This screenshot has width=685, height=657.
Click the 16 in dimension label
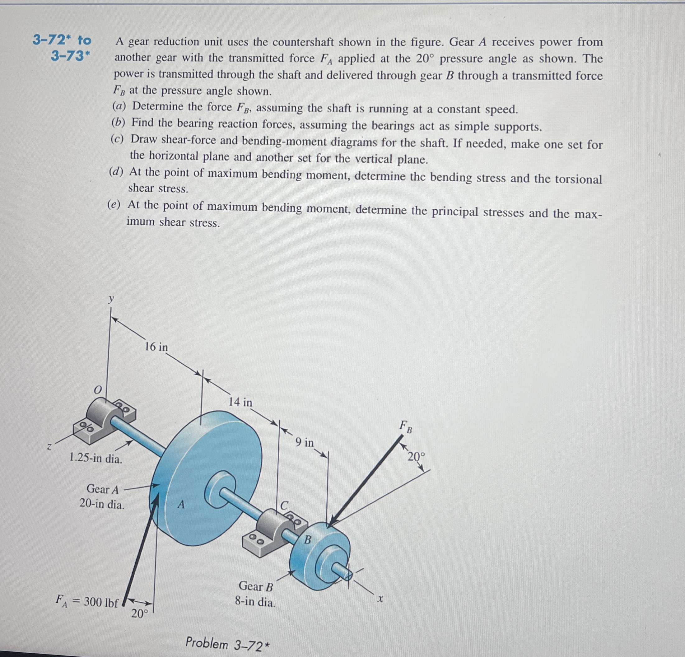pyautogui.click(x=156, y=347)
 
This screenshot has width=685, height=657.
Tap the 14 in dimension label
pyautogui.click(x=240, y=402)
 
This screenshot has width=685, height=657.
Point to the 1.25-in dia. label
pyautogui.click(x=96, y=458)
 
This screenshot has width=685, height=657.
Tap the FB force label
pyautogui.click(x=406, y=427)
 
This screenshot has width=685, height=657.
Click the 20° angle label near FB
pyautogui.click(x=416, y=457)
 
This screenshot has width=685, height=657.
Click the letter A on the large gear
pyautogui.click(x=181, y=504)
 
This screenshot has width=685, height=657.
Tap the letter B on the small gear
pyautogui.click(x=308, y=539)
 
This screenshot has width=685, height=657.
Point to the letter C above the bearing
pyautogui.click(x=284, y=505)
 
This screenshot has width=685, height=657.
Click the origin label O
pyautogui.click(x=98, y=389)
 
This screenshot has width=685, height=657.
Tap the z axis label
pyautogui.click(x=50, y=447)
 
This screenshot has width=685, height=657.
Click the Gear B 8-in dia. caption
pyautogui.click(x=255, y=594)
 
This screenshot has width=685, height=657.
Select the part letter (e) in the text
pyautogui.click(x=114, y=205)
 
